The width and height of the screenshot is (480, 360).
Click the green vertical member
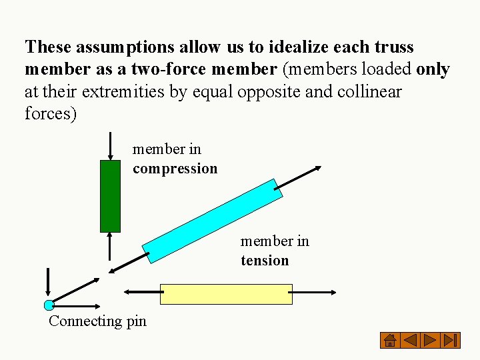[x=110, y=195]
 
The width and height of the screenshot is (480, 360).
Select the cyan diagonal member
[x=213, y=221]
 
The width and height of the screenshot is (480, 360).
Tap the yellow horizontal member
[x=226, y=294]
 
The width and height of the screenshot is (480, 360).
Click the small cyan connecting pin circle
[x=49, y=305]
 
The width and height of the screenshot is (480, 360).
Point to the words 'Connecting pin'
[x=97, y=321]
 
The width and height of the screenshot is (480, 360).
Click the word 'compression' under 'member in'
[x=175, y=169]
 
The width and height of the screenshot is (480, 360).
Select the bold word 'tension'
[x=265, y=261]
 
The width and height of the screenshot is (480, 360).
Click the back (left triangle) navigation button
[x=411, y=341]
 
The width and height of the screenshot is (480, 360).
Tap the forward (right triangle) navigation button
[x=431, y=341]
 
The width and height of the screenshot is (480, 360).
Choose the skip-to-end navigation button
[x=451, y=341]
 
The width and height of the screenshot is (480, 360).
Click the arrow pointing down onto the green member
[x=110, y=146]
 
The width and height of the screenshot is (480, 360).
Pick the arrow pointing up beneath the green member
[x=110, y=247]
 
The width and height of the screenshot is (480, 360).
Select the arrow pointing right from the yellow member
[x=314, y=292]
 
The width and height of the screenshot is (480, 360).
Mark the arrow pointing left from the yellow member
[x=142, y=292]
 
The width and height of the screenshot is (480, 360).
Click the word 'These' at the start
[x=48, y=47]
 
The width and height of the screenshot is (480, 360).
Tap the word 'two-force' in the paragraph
[x=166, y=69]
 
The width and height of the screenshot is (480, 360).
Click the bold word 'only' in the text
[x=433, y=69]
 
